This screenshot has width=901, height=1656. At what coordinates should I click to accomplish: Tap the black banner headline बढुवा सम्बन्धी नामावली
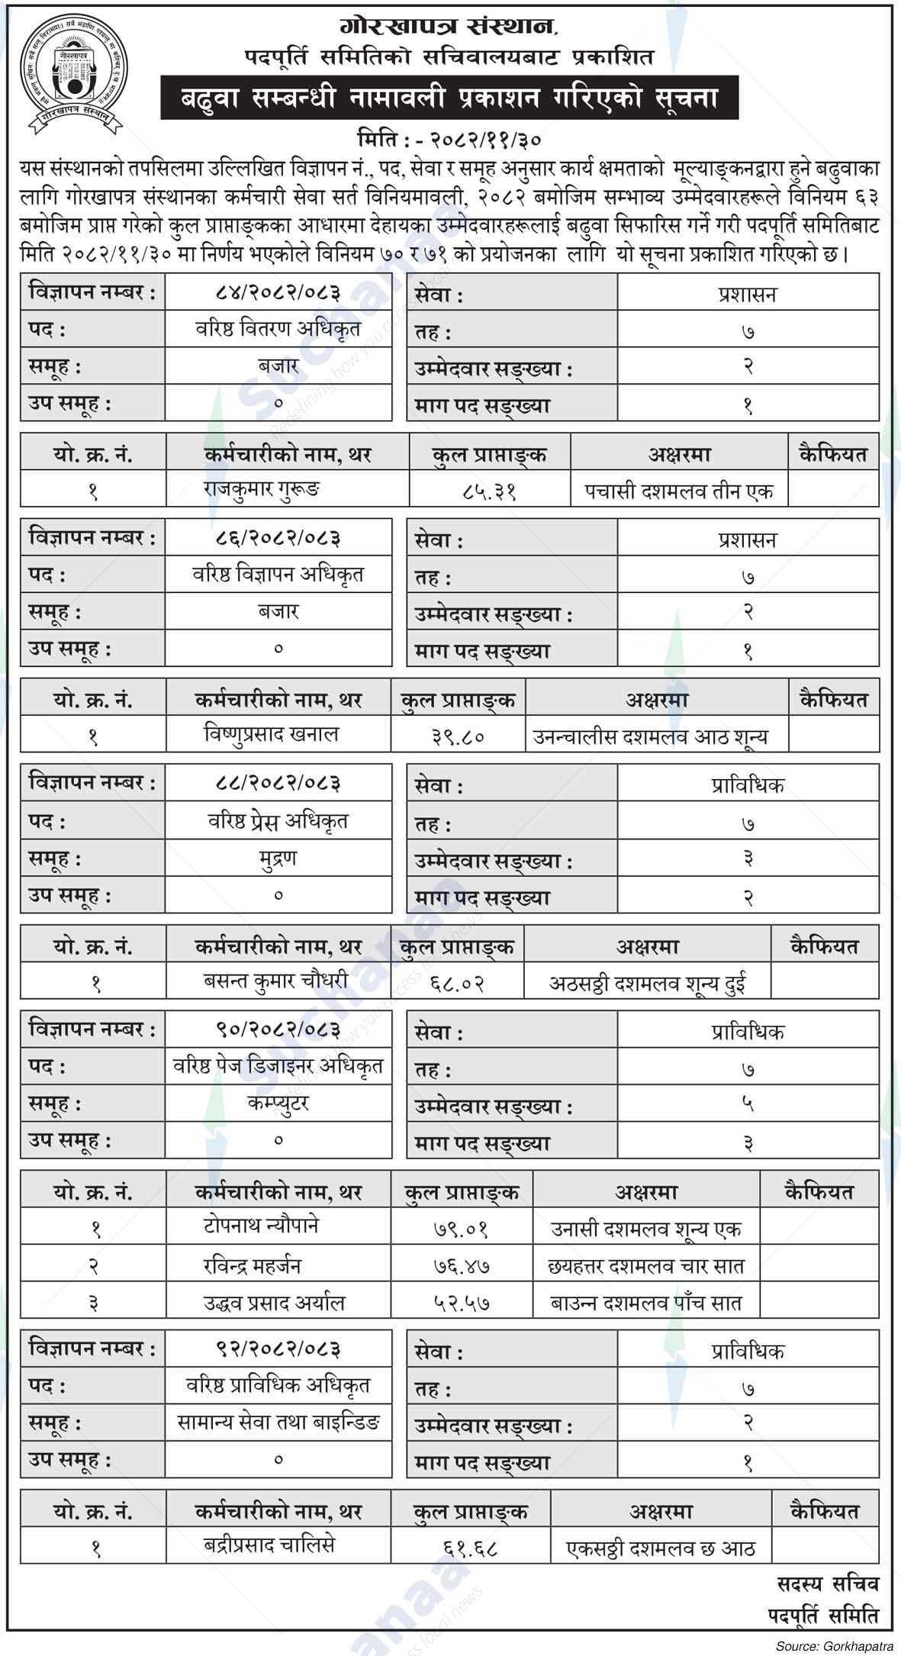click(x=449, y=98)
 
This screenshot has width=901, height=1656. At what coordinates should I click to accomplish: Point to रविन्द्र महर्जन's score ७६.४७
click(x=462, y=1266)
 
